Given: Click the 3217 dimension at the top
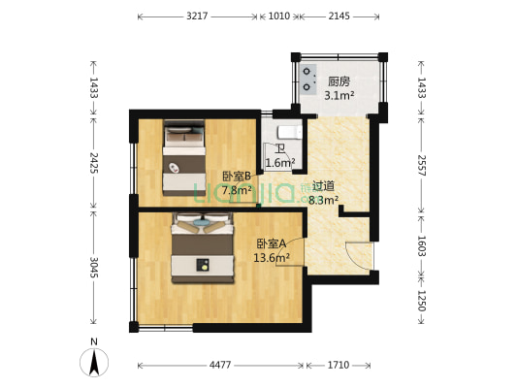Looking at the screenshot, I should tap(199, 16).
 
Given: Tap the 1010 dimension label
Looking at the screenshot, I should tap(278, 16).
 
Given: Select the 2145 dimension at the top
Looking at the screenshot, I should tap(339, 16).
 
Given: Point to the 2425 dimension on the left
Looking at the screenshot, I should tap(93, 159).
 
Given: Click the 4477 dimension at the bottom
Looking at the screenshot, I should tap(221, 366).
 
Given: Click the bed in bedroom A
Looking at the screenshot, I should tap(203, 249).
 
